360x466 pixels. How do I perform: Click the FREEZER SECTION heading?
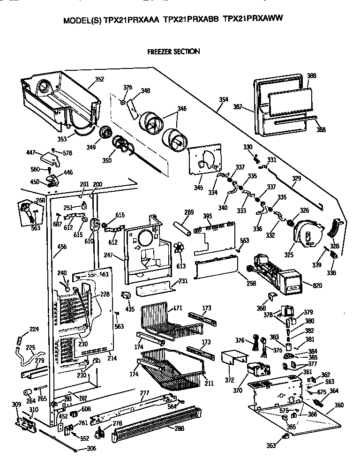click(x=173, y=52)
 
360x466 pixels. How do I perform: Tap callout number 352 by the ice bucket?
click(x=99, y=79)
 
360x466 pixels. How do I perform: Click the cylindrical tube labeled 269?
click(x=181, y=229)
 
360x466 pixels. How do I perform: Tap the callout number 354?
click(x=224, y=99)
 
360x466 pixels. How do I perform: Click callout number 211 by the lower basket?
click(x=209, y=383)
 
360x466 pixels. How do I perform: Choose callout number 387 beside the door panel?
click(x=238, y=107)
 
